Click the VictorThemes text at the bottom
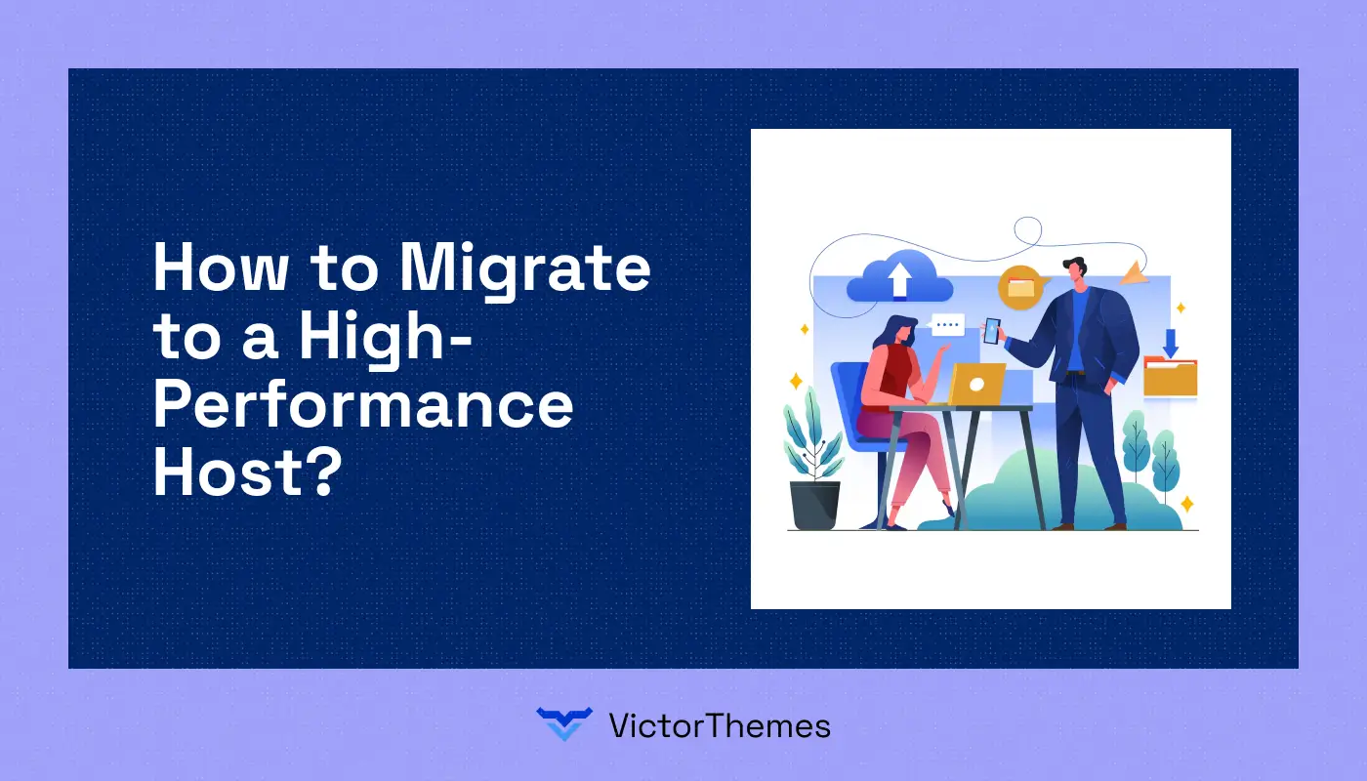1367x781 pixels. [x=719, y=725]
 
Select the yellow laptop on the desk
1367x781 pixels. [x=976, y=383]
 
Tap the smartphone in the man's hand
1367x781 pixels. [x=992, y=331]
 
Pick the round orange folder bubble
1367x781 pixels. [x=1020, y=287]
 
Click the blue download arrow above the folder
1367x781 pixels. [x=1171, y=343]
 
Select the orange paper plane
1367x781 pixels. [x=1135, y=273]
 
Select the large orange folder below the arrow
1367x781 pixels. [x=1171, y=377]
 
